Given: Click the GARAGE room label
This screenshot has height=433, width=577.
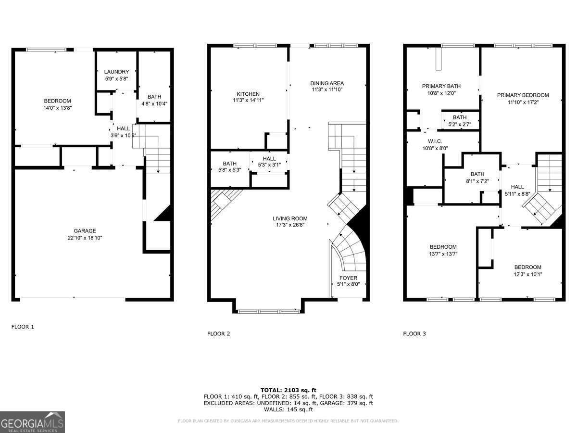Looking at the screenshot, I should point(85,230).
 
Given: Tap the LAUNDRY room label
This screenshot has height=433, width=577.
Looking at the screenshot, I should point(116,72).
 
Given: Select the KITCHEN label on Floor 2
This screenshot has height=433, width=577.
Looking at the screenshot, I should point(248,94).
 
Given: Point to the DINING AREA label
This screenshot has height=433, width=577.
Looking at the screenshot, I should point(327,83).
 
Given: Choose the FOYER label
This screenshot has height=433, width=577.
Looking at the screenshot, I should point(349,278).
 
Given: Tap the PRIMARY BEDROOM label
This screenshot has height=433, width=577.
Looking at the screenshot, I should point(523,95).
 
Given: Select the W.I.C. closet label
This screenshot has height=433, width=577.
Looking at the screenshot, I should point(435,141).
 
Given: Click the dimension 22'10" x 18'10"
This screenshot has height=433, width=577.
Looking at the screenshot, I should point(85,238).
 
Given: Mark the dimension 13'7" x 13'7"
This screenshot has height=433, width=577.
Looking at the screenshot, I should point(443,254).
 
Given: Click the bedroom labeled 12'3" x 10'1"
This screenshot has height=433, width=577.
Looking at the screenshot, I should point(527,267).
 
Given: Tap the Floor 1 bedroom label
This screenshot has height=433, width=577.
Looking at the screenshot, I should point(57,101).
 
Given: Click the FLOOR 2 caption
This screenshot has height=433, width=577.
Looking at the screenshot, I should point(218,333).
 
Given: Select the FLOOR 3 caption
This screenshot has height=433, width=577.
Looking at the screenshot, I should point(414,333).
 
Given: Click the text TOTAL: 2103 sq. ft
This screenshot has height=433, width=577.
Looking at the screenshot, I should point(288,390).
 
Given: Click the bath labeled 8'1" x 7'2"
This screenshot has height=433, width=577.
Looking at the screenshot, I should point(477,174).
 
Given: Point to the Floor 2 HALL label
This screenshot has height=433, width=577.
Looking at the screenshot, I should point(269,159).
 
